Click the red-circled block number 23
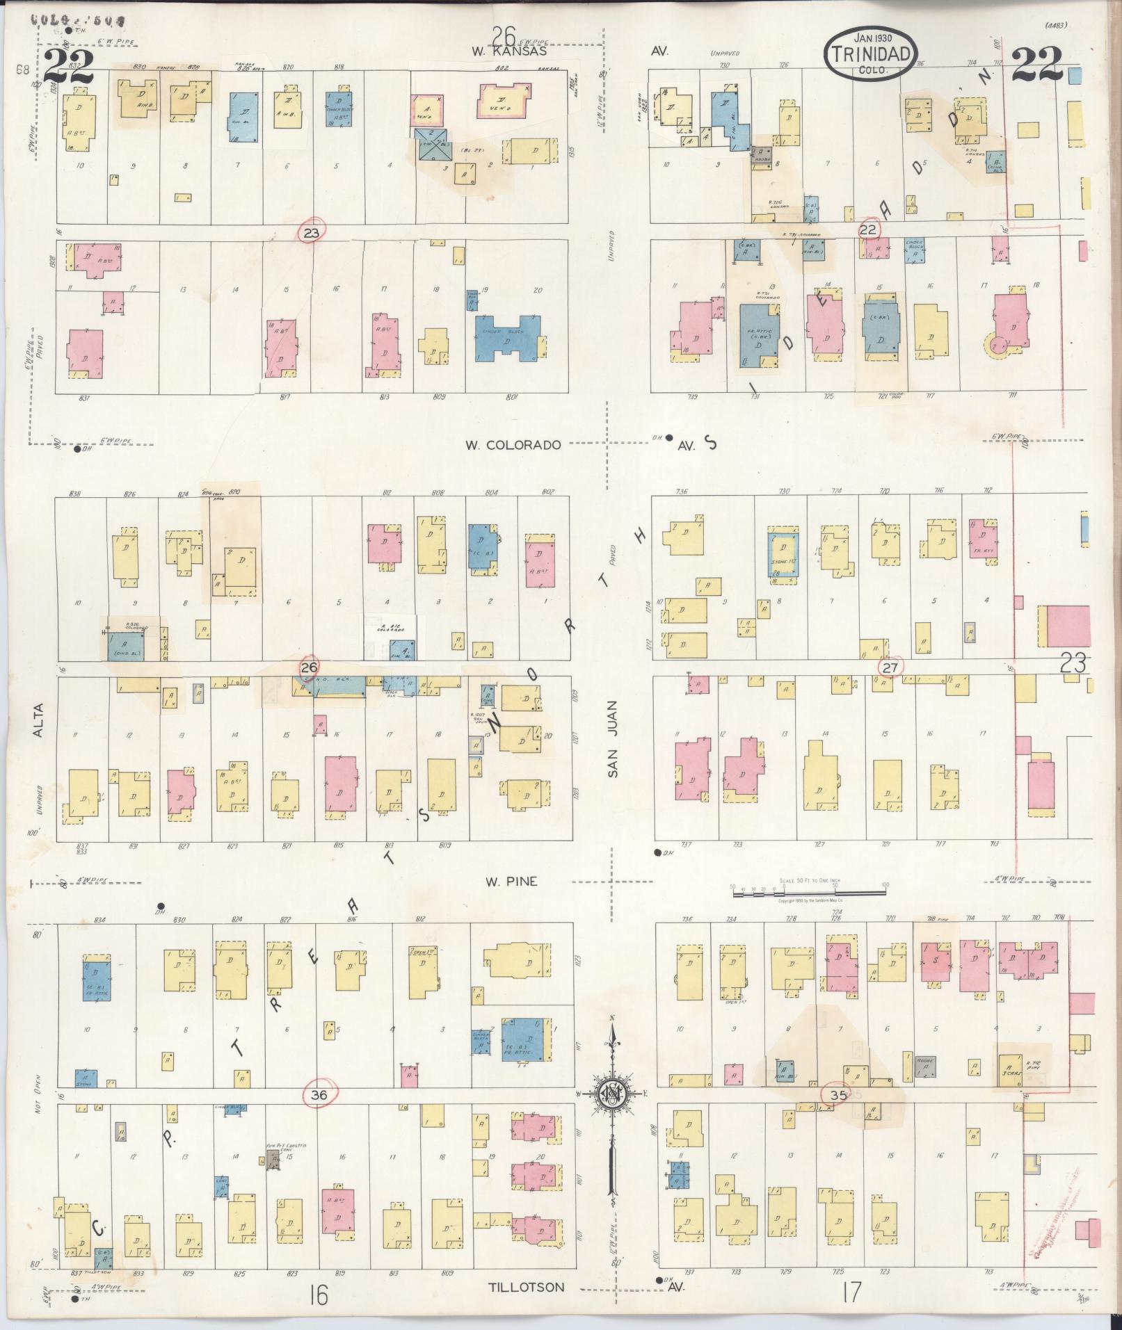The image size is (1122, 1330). click(311, 233)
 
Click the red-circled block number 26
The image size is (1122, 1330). click(309, 668)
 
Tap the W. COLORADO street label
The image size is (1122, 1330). click(513, 445)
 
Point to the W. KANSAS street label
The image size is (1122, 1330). click(508, 51)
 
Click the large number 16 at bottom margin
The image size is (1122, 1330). click(319, 1294)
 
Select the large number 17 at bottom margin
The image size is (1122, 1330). click(850, 1292)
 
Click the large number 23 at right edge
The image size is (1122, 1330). click(1073, 664)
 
